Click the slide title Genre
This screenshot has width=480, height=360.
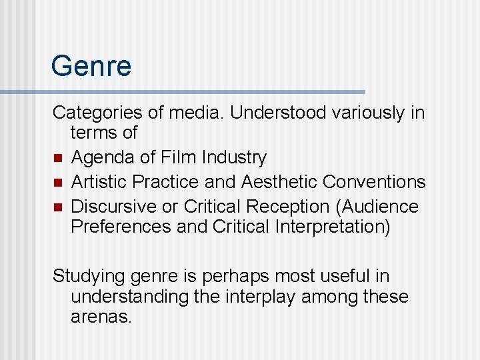91,67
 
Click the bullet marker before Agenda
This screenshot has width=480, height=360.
58,158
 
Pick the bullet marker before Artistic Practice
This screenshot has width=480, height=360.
58,182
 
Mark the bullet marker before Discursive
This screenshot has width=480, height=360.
58,207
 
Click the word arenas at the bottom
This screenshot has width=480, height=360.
101,316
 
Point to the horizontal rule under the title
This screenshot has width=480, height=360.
183,91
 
